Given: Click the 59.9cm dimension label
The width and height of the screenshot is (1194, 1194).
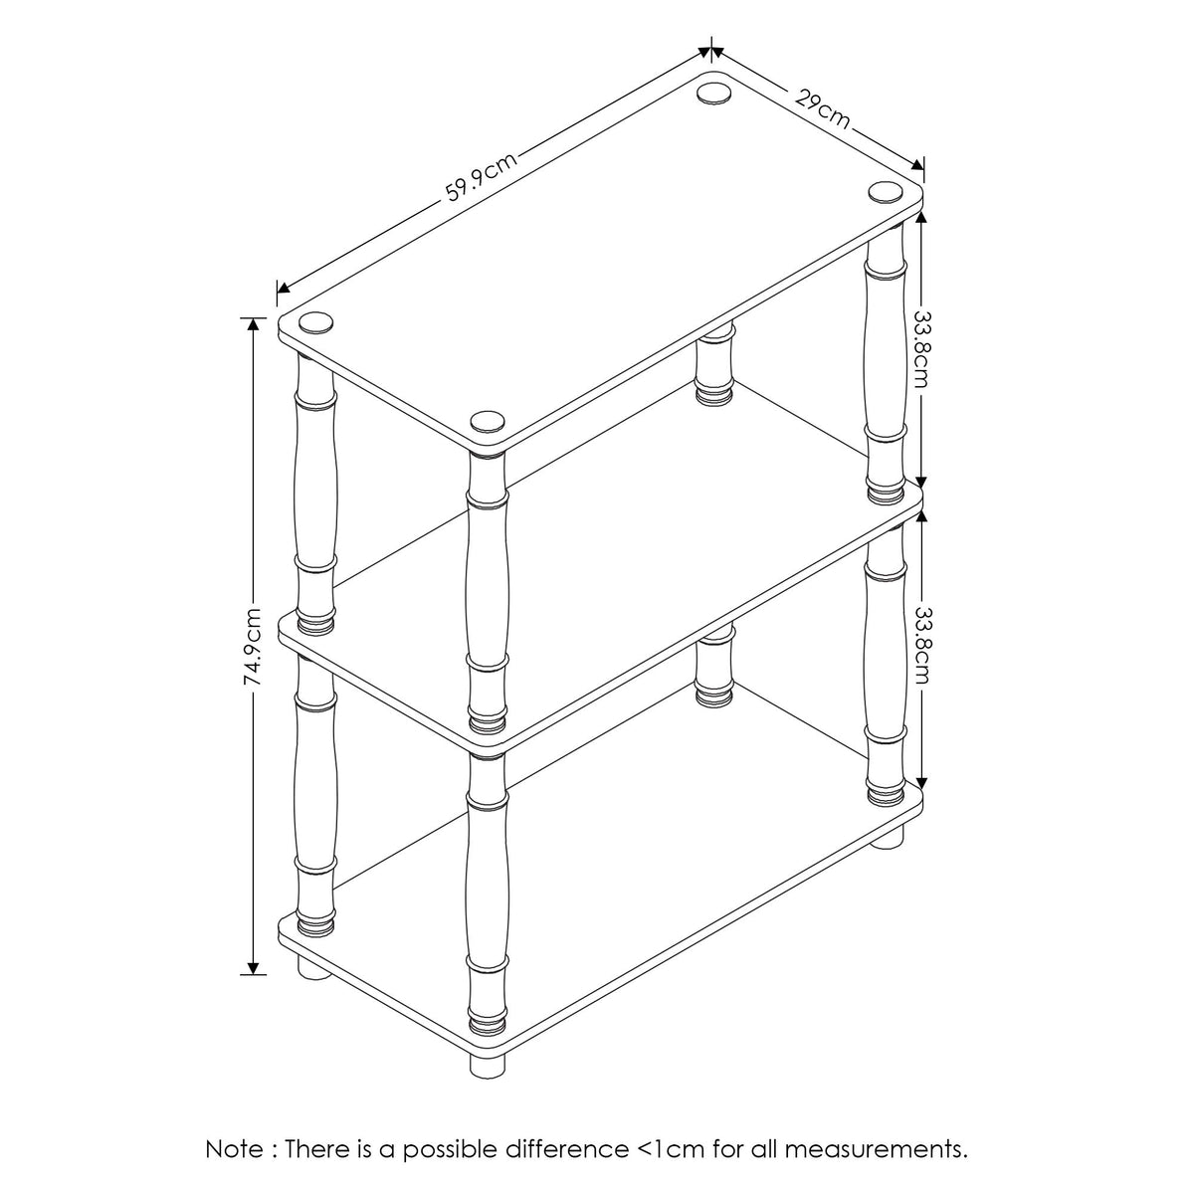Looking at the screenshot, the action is (x=482, y=177).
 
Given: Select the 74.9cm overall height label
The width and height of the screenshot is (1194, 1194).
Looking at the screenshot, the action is (x=252, y=647).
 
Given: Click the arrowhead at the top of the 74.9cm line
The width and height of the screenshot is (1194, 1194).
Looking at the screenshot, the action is (x=253, y=323).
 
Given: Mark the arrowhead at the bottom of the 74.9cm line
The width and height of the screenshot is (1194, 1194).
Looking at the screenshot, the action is (x=253, y=968).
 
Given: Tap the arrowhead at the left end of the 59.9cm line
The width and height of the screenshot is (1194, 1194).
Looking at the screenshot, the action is (x=284, y=288).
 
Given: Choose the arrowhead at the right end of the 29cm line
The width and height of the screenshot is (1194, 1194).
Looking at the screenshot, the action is (x=916, y=163).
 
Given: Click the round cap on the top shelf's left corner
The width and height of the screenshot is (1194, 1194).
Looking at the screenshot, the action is (x=315, y=321).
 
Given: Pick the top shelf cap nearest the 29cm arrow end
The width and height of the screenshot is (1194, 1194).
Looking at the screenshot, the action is (x=885, y=191).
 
